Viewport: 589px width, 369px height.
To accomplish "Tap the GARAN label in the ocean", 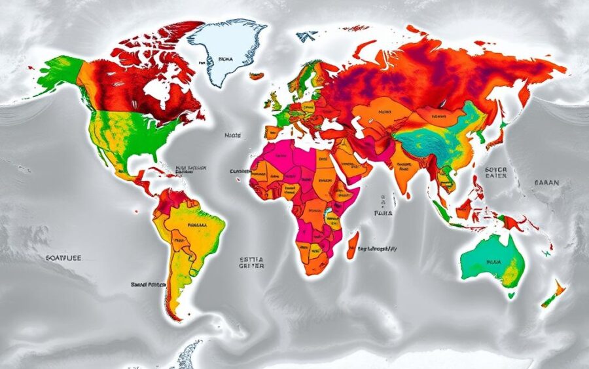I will point(546,184).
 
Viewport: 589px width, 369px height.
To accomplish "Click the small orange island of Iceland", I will point(257,75).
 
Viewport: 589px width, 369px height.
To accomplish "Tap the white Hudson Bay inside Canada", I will point(155,92).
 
